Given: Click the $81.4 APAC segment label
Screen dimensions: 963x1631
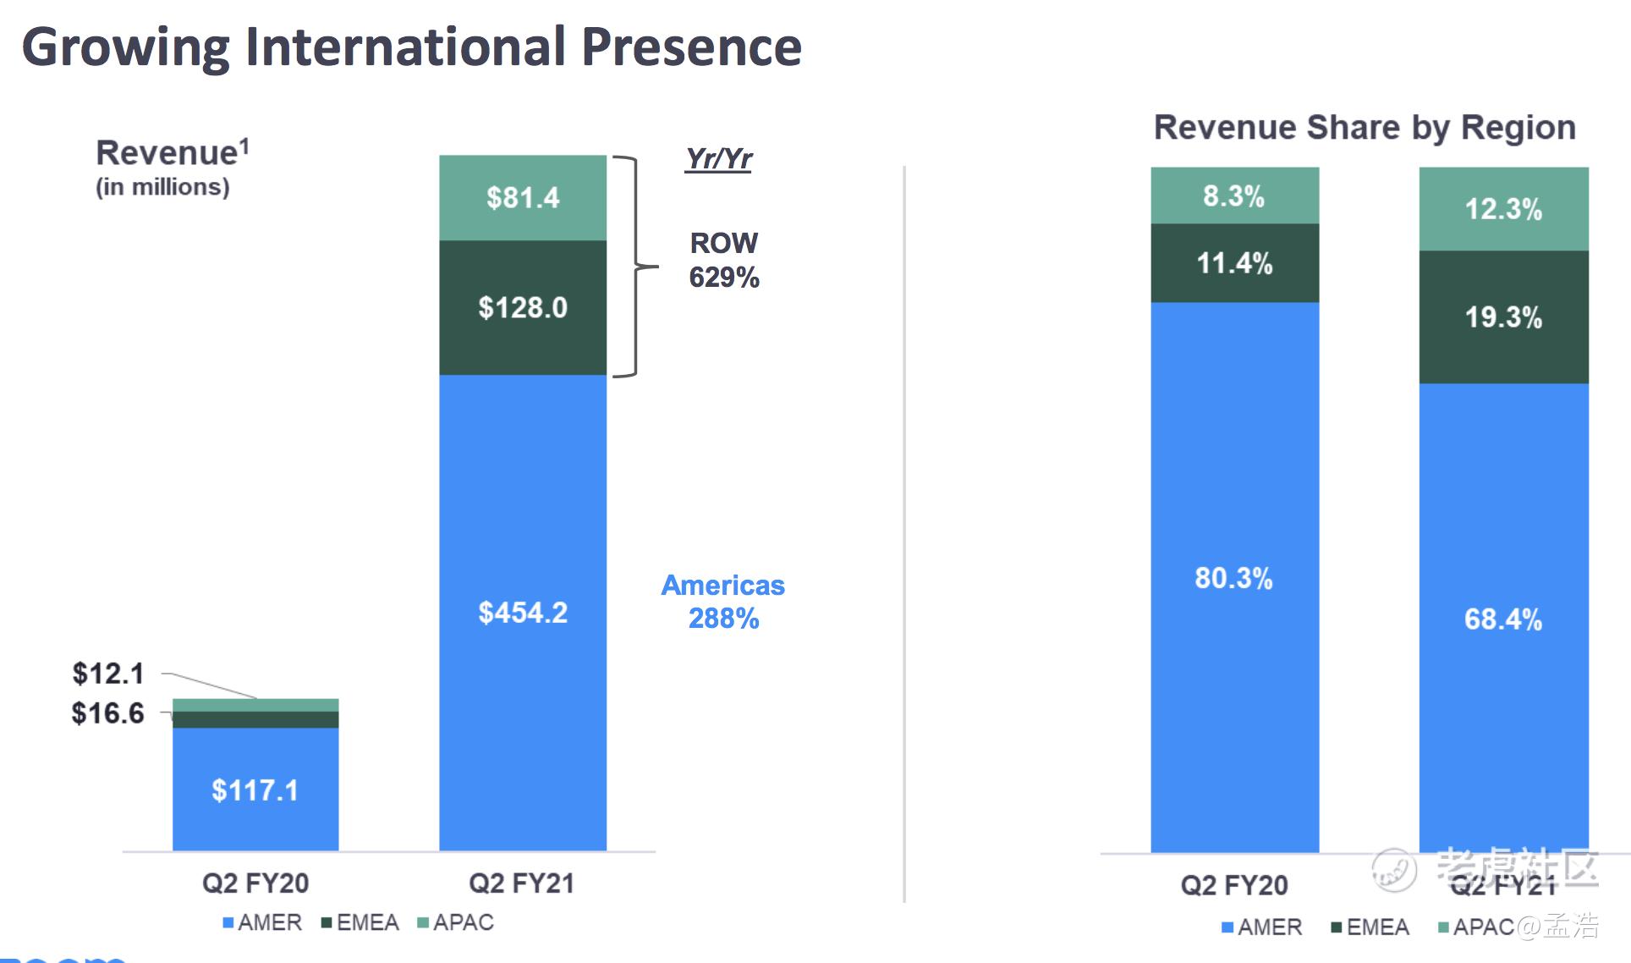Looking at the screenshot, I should [x=523, y=198].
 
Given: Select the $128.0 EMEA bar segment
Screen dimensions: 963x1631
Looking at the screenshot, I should [x=523, y=308].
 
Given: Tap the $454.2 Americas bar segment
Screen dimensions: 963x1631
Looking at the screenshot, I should [x=523, y=613].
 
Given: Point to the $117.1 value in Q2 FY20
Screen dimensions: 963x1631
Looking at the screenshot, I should [x=255, y=790].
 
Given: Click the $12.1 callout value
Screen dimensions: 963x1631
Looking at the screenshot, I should [x=108, y=674].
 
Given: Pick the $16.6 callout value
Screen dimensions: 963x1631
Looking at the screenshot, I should [x=107, y=713].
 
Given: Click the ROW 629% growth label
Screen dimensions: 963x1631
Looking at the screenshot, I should [x=723, y=260].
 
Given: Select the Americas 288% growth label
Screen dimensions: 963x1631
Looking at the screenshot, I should [x=723, y=602].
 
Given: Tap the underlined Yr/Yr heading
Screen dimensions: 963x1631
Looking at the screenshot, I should [x=718, y=158].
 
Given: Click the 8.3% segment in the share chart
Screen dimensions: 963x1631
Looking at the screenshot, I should [x=1233, y=196].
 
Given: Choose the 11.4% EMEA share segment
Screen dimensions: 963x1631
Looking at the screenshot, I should [x=1234, y=263].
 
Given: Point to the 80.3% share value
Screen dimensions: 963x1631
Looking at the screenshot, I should [x=1233, y=578].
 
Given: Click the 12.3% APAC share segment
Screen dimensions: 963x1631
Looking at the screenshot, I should [x=1503, y=209].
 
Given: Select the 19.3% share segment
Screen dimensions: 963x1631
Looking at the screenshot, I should [x=1503, y=317].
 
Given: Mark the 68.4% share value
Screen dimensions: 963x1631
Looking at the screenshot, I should [x=1503, y=619].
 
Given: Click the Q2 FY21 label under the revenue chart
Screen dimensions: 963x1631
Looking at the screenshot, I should [x=521, y=883].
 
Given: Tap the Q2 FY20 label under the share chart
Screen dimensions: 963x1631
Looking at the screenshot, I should [x=1233, y=885].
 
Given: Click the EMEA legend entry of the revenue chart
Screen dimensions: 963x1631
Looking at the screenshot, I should [x=360, y=922].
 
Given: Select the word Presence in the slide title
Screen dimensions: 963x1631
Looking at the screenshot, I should [x=691, y=47].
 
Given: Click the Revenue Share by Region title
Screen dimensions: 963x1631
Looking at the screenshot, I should [x=1365, y=128].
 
